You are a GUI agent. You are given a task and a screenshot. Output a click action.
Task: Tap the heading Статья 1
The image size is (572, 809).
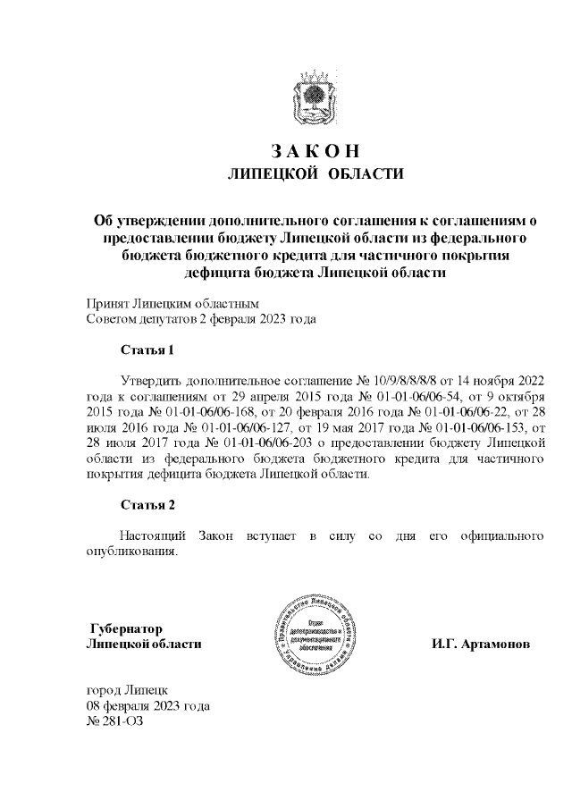click(147, 350)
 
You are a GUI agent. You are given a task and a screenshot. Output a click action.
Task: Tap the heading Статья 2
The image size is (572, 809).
click(147, 505)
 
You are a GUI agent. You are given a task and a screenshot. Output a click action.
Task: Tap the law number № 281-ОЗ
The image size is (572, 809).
click(114, 721)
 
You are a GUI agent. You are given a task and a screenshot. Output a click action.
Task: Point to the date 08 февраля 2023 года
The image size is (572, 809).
click(147, 706)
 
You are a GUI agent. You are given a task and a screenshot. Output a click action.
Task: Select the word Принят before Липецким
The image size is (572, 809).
click(107, 302)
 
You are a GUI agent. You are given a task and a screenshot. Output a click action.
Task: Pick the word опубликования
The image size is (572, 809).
click(133, 551)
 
